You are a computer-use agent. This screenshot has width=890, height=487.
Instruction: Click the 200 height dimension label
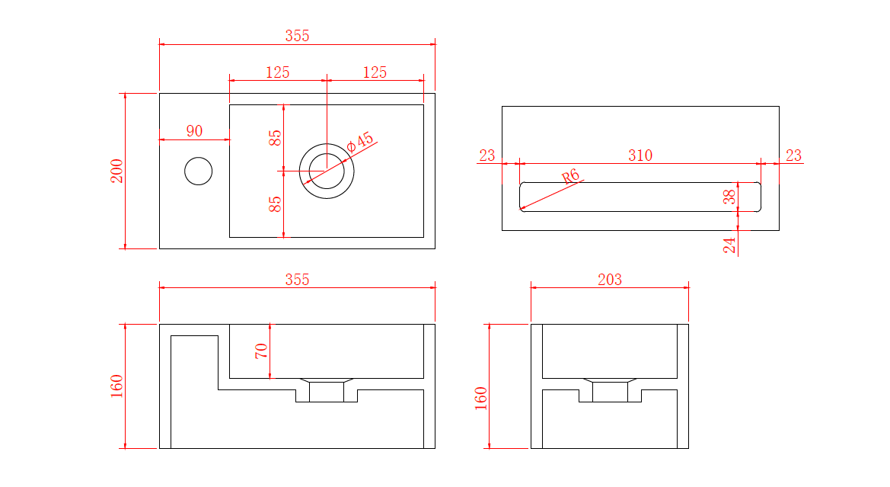point(117,171)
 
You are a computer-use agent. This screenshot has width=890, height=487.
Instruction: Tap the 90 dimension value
point(194,131)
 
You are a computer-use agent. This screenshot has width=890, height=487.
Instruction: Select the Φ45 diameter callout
point(360,142)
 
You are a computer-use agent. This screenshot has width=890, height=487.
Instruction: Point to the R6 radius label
point(570,176)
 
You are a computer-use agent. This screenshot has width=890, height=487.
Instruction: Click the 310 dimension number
point(640,155)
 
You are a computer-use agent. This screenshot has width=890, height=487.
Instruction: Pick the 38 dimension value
point(729,197)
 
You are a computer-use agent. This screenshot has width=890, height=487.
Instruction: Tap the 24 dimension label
point(729,245)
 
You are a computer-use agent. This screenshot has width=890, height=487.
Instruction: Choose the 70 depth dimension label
point(261,351)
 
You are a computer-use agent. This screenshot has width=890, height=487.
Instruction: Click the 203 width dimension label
point(610,280)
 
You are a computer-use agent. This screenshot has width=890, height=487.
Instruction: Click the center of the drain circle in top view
point(327,171)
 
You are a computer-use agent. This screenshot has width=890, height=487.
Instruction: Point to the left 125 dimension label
point(278,72)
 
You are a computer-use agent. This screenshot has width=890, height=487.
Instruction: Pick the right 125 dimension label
point(375,72)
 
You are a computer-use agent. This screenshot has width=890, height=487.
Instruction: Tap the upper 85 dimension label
point(275,138)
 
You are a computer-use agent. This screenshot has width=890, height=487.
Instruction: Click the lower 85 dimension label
point(275,204)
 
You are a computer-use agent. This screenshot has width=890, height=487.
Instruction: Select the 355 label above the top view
point(298,36)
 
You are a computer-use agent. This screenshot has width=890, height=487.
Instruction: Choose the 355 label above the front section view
point(298,280)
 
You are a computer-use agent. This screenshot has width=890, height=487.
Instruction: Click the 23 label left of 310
point(487,155)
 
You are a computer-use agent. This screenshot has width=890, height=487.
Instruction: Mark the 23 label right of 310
point(793,155)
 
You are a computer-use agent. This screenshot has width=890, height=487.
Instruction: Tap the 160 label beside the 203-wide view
point(481,399)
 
